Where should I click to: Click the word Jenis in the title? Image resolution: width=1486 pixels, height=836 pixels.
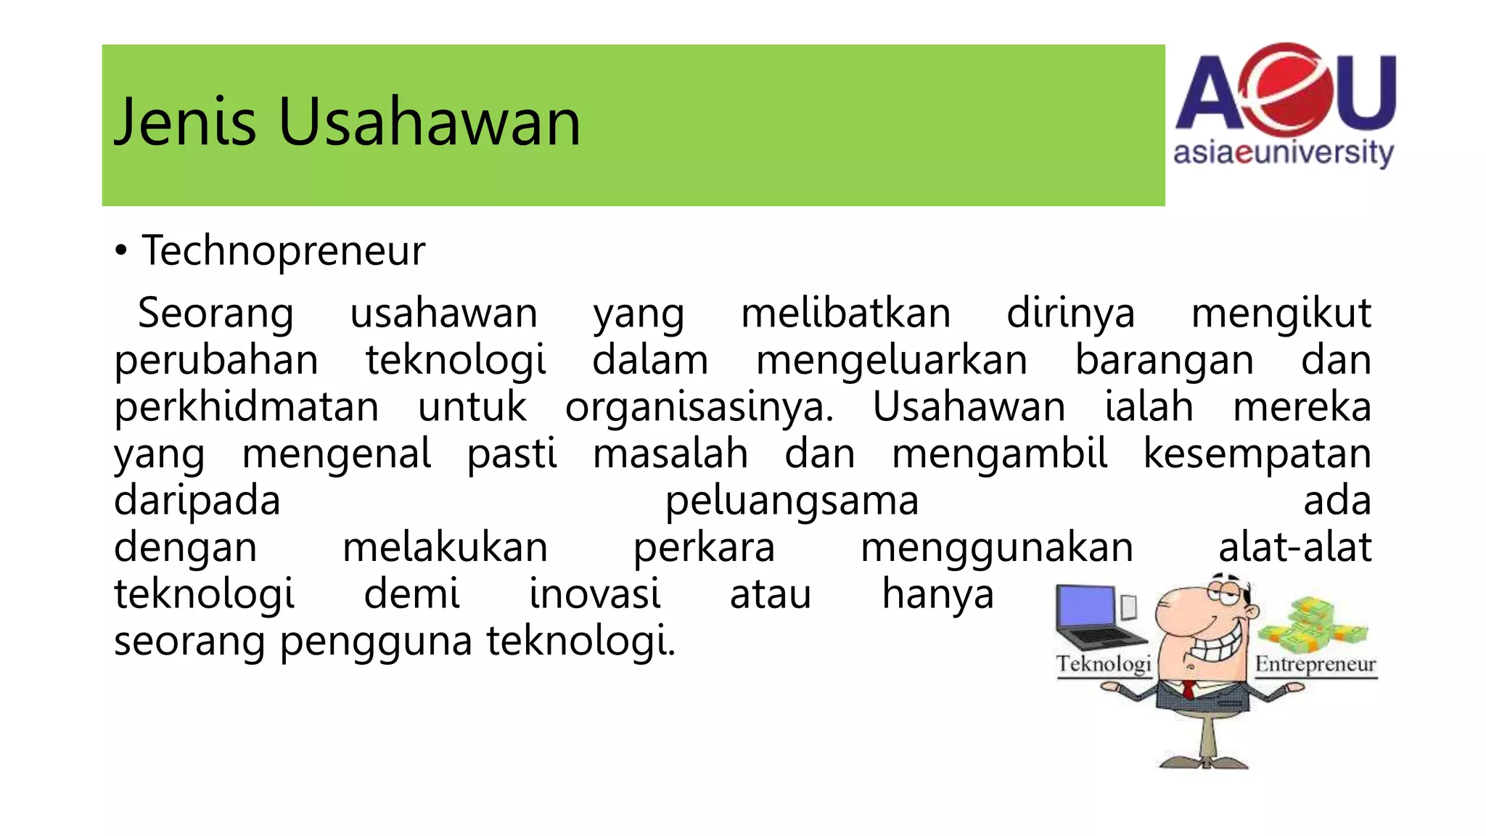tap(185, 122)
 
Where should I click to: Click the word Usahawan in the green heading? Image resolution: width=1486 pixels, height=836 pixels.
tap(429, 122)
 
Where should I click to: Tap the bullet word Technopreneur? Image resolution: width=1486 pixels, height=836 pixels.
tap(283, 251)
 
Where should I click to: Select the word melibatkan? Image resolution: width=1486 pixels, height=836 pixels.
tap(845, 313)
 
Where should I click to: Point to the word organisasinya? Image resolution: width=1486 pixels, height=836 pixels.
tap(699, 406)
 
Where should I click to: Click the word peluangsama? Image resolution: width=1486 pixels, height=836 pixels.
tap(792, 501)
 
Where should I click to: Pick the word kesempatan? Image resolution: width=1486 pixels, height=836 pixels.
tap(1257, 454)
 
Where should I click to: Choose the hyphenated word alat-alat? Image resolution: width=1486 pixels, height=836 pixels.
tap(1294, 547)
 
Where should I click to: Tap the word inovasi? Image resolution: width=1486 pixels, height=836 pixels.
tap(594, 594)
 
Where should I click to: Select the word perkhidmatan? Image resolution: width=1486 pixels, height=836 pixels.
tap(247, 406)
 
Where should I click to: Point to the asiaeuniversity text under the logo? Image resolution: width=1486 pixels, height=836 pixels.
tap(1283, 154)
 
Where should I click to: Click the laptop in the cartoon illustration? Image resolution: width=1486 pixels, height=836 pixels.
tap(1096, 617)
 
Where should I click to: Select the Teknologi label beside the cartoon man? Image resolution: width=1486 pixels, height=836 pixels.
tap(1104, 665)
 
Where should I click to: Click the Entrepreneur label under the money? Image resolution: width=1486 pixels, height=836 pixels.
tap(1315, 665)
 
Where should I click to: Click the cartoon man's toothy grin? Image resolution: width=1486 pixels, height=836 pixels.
tap(1217, 646)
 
